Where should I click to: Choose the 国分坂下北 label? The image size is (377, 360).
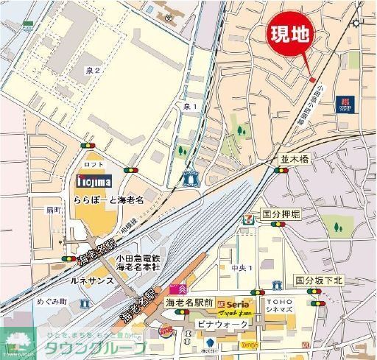pos(320,280)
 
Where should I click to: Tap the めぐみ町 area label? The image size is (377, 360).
pos(32,302)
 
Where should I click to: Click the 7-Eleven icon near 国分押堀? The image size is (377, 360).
pos(250,218)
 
